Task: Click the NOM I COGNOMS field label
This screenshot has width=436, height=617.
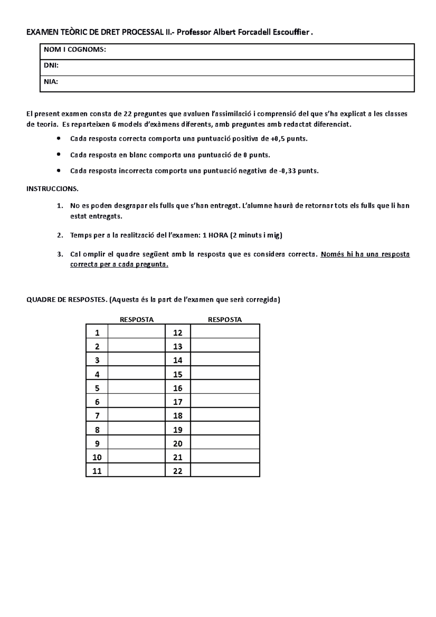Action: tap(75, 50)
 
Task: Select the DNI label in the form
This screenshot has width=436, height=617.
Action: tap(51, 66)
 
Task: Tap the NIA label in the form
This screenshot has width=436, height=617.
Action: tap(51, 82)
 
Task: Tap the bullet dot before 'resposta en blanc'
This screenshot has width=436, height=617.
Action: tap(59, 154)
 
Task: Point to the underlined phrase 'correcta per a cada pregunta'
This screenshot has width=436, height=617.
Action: tap(119, 265)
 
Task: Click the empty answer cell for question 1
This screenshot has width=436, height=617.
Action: tap(136, 332)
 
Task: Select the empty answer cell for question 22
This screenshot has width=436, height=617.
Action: tap(225, 471)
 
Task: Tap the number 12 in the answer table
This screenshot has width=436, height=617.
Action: tap(177, 333)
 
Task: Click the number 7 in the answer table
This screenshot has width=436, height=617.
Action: tap(97, 416)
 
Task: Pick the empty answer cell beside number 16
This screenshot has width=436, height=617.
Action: tap(225, 388)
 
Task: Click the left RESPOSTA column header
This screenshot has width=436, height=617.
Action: tap(137, 320)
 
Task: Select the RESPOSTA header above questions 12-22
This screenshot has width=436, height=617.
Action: tap(225, 320)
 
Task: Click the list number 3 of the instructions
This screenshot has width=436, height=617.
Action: tap(60, 254)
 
